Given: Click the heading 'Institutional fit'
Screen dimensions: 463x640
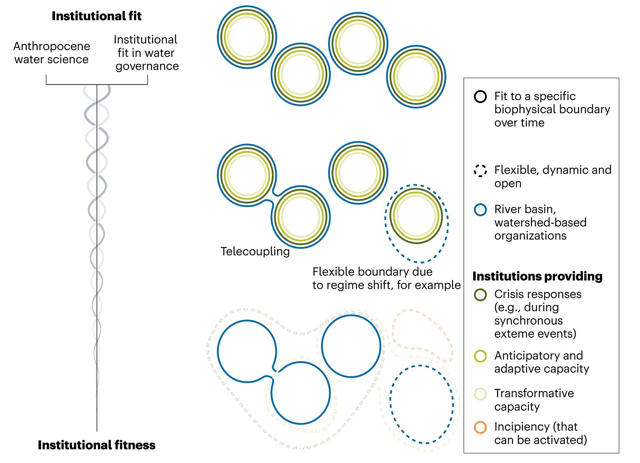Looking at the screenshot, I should [96, 16].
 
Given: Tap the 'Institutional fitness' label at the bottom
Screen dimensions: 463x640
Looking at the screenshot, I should [96, 445].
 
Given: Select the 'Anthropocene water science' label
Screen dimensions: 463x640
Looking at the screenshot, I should [51, 53].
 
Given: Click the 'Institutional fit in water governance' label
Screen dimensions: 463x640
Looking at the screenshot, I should [146, 53].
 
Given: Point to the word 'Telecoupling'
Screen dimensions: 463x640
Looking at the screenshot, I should [255, 251].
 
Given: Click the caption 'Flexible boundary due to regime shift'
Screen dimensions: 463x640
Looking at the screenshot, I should [386, 278].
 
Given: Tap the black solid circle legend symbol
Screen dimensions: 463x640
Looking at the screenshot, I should [480, 96].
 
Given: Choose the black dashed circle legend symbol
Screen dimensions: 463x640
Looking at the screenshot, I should [480, 170].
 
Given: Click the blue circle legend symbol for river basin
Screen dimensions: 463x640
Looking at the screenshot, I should [480, 209].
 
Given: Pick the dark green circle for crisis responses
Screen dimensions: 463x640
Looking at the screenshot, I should [480, 295].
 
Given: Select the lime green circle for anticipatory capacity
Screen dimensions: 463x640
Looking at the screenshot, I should [480, 356].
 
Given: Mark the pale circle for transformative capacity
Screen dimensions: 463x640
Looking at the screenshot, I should [480, 394].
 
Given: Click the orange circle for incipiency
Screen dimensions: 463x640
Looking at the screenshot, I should [480, 427].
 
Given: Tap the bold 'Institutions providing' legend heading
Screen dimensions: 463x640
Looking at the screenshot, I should [537, 276].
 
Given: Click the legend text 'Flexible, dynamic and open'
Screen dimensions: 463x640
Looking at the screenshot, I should [552, 177].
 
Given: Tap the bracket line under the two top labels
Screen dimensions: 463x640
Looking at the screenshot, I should [97, 84].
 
